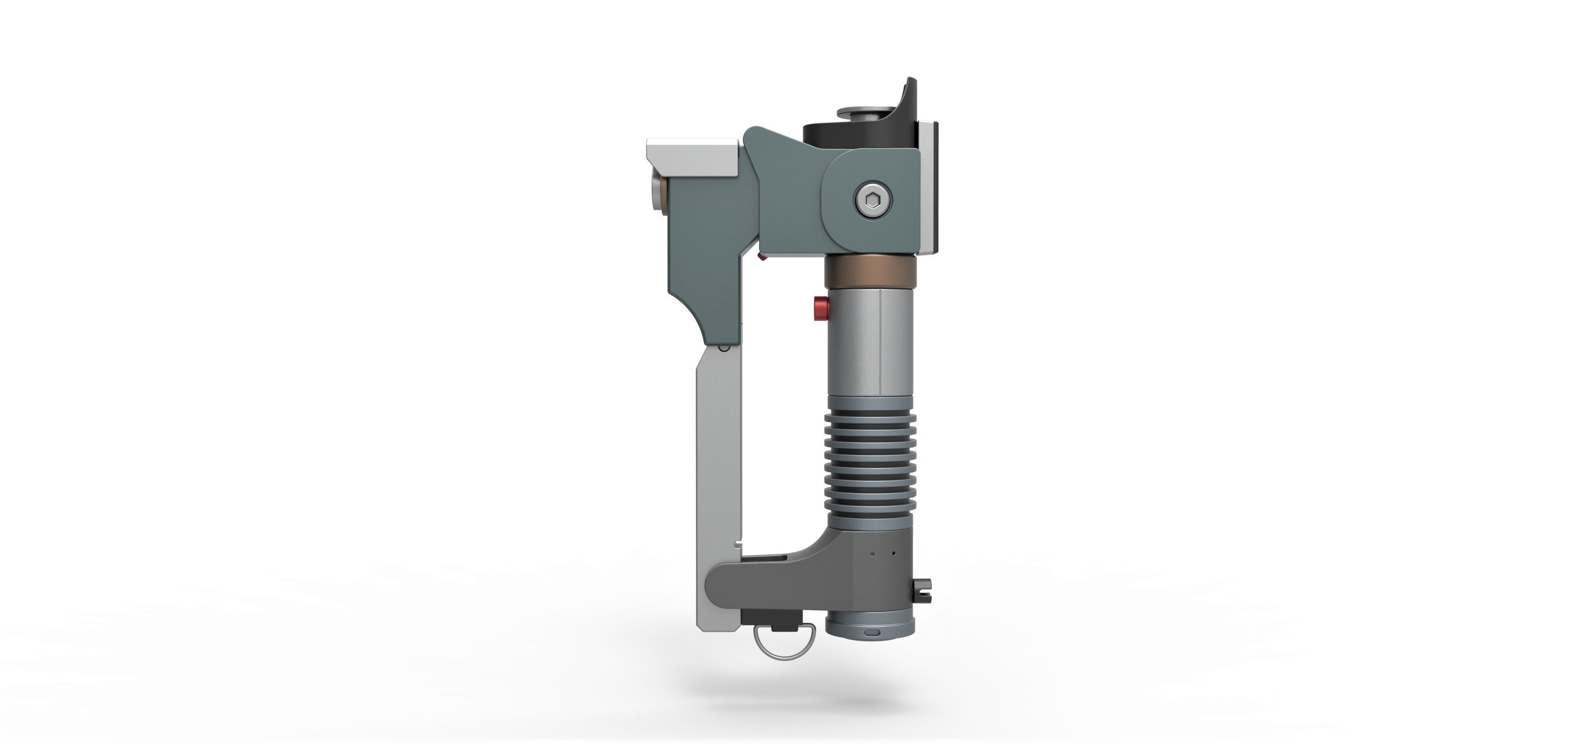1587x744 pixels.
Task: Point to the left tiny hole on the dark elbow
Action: pyautogui.click(x=872, y=554)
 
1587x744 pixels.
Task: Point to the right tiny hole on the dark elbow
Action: pyautogui.click(x=894, y=553)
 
